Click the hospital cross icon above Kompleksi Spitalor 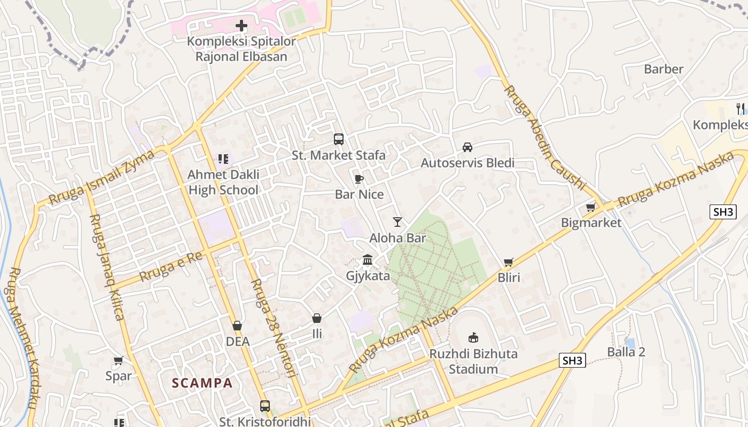[241, 25]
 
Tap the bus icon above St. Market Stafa [339, 139]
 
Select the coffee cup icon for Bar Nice [359, 179]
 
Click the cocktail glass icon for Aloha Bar [397, 222]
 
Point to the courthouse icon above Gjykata [368, 260]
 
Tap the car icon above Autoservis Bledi [467, 147]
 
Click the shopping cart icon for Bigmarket [591, 207]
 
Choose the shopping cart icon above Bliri [509, 262]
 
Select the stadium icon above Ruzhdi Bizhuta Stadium [473, 337]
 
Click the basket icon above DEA [237, 326]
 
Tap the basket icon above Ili [317, 319]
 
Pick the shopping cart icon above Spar [118, 361]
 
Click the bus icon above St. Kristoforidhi [265, 406]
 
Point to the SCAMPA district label [202, 383]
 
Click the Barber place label [664, 69]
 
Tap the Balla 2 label [626, 352]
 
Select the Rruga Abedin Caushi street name [545, 137]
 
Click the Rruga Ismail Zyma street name [102, 177]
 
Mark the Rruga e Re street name [171, 267]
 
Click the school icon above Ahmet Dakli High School [223, 159]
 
